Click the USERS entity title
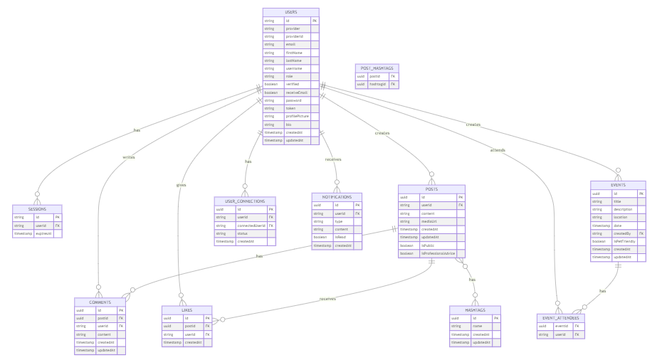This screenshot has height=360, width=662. click(290, 12)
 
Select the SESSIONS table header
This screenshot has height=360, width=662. click(37, 208)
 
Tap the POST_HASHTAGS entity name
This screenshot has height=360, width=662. click(377, 68)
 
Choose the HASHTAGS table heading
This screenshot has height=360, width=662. click(475, 309)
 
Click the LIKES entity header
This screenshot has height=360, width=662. click(186, 309)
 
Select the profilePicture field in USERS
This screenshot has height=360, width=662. click(298, 116)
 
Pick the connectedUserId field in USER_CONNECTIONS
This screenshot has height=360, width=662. click(251, 226)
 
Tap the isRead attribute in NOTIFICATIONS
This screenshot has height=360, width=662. click(341, 237)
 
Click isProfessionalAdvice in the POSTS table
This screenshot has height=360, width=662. click(438, 253)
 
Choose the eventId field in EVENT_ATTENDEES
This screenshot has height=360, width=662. click(561, 326)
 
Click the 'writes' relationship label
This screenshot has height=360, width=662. click(128, 157)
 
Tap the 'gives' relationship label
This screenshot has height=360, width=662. click(181, 185)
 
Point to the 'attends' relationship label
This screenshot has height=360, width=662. click(498, 149)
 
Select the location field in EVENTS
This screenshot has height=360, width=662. click(621, 217)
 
